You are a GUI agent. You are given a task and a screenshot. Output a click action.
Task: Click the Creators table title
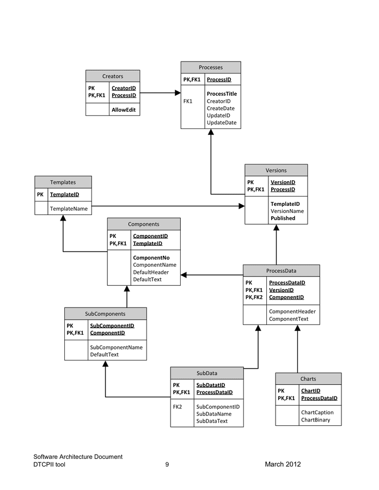click(113, 76)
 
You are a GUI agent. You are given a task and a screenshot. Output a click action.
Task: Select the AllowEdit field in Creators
click(123, 110)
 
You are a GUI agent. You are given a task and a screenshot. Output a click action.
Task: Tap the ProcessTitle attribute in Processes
click(222, 94)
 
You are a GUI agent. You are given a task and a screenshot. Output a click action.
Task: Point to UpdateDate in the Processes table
click(222, 122)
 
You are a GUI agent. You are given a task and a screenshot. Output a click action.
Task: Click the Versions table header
click(276, 170)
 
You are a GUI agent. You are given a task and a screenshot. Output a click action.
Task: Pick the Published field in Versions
click(283, 218)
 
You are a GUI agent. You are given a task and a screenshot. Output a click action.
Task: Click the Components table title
click(144, 224)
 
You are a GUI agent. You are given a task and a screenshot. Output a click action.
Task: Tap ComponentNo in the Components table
click(151, 258)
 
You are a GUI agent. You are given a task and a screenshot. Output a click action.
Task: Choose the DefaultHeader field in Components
click(151, 272)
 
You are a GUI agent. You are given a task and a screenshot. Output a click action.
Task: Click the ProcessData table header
click(281, 271)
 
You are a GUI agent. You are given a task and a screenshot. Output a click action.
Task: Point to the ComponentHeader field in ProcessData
click(292, 311)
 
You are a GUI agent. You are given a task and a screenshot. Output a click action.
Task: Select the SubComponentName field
click(116, 347)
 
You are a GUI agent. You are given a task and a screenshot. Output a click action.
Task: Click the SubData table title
click(207, 373)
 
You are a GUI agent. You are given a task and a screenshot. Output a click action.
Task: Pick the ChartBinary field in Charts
click(315, 420)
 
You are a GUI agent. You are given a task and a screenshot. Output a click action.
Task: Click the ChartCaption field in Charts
click(317, 412)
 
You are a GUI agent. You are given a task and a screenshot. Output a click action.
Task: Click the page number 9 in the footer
click(167, 464)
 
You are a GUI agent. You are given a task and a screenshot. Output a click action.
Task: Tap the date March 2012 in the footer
click(283, 464)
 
